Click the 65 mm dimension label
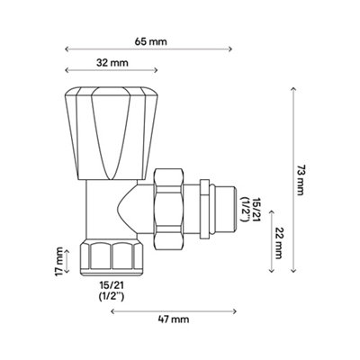coord(150,41)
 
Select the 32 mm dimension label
coord(112,63)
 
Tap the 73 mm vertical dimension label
coord(300,180)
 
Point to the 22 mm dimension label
coord(278,242)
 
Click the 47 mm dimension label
coord(174,319)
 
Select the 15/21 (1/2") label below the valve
coord(112,291)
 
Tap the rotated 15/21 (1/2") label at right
coord(251,210)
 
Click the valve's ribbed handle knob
coord(112,133)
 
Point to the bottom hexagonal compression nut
coord(112,258)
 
